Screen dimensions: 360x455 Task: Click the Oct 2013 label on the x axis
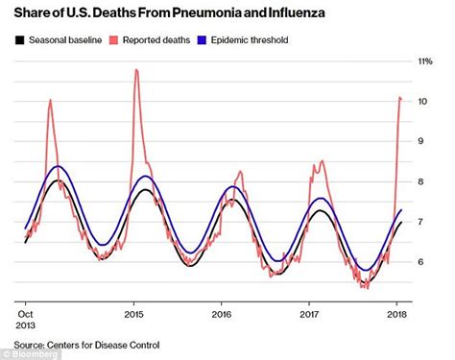[x=26, y=319]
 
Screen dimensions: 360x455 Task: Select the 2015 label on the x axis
[x=133, y=313]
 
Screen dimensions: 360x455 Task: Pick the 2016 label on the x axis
[x=221, y=313]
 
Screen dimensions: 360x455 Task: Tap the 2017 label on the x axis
[x=309, y=313]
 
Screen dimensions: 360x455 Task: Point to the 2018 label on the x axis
[x=396, y=313]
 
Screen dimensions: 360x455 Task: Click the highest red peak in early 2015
[x=136, y=70]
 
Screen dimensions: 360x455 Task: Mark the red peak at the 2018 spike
[x=399, y=97]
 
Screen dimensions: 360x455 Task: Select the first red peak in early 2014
[x=50, y=100]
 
